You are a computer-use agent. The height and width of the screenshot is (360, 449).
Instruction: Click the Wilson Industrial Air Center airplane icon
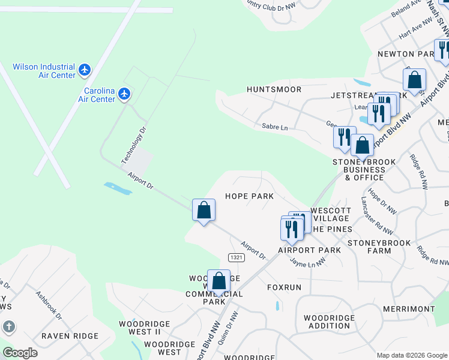coord(85,70)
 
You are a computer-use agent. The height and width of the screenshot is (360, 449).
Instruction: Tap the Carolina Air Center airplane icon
coord(124,94)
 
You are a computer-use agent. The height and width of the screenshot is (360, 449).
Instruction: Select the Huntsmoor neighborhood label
coord(274,89)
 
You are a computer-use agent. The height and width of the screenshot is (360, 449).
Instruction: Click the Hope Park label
coord(249,196)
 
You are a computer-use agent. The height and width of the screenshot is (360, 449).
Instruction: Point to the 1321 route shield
coord(236,257)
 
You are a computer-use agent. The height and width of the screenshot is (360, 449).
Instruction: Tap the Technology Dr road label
coord(133,145)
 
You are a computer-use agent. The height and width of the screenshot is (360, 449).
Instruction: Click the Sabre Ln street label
coord(275,127)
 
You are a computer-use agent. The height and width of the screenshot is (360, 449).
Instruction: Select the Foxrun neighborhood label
coord(284,287)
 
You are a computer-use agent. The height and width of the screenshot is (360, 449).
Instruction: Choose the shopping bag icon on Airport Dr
coord(203,210)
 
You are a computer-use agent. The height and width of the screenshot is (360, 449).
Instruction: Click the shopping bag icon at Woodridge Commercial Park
coord(219,281)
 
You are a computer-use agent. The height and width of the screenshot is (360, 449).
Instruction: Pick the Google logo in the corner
coord(20,353)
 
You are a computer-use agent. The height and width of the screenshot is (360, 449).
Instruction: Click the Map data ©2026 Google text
coord(412,355)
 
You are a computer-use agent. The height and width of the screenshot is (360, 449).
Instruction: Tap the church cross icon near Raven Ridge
coord(9,327)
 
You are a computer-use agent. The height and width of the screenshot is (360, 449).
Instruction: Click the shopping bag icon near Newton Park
coord(414,80)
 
